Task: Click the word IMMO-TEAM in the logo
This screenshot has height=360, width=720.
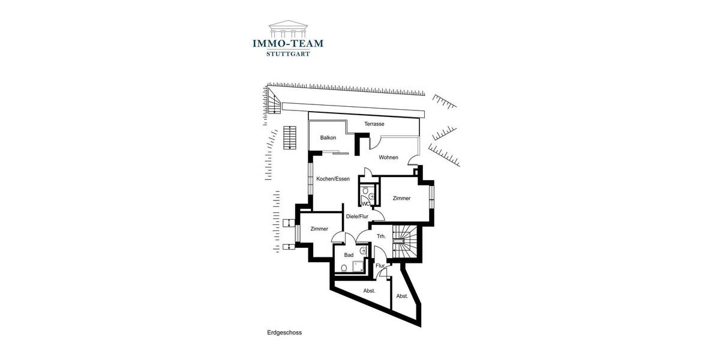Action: coord(287,43)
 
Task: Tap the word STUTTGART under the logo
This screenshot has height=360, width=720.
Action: coord(287,54)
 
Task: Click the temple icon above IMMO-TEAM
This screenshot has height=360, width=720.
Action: coord(287,28)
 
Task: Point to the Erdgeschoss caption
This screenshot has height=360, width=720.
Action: coord(284,332)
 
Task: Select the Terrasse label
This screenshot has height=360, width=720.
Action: coord(374,124)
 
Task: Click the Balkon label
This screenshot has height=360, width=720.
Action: coord(328,138)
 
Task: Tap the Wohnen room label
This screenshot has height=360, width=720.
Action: coord(388,158)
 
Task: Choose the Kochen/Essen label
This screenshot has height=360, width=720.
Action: coord(333,179)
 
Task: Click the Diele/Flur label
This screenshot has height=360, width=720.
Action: coord(356,217)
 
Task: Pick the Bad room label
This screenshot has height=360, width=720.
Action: coord(349,255)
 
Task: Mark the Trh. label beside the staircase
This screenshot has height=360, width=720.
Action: coord(380,236)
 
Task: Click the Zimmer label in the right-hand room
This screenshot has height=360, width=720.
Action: coord(401,198)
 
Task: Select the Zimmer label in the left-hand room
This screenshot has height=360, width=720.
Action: coord(319,229)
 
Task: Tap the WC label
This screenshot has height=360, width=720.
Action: coord(365,204)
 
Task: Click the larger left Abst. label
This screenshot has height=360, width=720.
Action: coord(369,291)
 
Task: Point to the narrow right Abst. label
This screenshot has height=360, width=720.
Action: coord(401,296)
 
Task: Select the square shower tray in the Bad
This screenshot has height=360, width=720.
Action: coord(359,266)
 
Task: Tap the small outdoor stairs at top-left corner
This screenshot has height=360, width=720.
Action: coord(274,104)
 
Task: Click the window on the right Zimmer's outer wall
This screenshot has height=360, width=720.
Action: coord(431,195)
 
